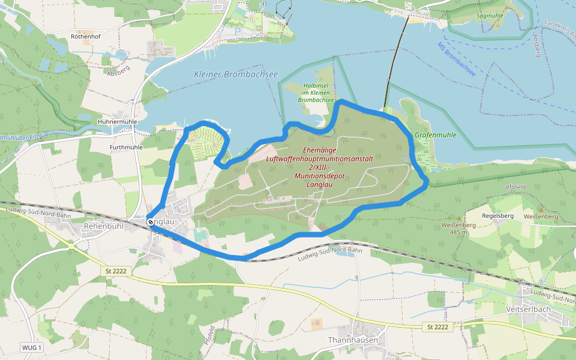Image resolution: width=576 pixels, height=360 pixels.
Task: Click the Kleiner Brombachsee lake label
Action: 236,74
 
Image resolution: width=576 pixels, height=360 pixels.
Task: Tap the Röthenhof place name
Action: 86,36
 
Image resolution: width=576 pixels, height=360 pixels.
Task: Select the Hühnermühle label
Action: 117,121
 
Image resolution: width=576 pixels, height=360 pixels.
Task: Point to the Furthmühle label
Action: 126,146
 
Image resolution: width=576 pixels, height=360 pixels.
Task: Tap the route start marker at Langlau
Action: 149,221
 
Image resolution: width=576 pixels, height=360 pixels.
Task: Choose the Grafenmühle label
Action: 435,135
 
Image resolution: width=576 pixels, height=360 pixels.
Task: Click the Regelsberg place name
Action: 497,215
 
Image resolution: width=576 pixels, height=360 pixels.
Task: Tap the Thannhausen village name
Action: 353,340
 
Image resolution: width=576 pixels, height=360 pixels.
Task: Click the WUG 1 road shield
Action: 31,347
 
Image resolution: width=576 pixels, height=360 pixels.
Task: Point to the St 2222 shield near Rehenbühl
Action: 116,272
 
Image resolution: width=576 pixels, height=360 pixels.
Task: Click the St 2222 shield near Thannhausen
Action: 438,327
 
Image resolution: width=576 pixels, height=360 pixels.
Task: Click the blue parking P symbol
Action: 237,31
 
